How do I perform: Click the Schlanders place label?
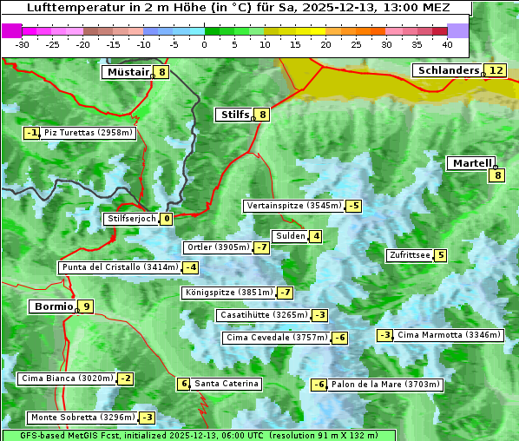tap(447, 70)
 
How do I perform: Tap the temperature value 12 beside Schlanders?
tap(495, 70)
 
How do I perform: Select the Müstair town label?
tap(127, 72)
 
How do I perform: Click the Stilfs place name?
tap(234, 114)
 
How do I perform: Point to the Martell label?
tap(470, 162)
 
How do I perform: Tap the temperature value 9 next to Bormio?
tap(86, 306)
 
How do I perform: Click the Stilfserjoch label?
tap(131, 219)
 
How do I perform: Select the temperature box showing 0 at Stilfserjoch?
tap(166, 219)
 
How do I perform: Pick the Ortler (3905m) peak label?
tap(218, 247)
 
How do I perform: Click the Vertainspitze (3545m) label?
tap(293, 206)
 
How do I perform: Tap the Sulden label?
tap(290, 236)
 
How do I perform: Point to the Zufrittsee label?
tap(410, 255)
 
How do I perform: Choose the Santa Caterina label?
tap(226, 384)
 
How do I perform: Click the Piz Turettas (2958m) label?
tap(89, 133)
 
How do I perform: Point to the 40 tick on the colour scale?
tap(447, 43)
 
